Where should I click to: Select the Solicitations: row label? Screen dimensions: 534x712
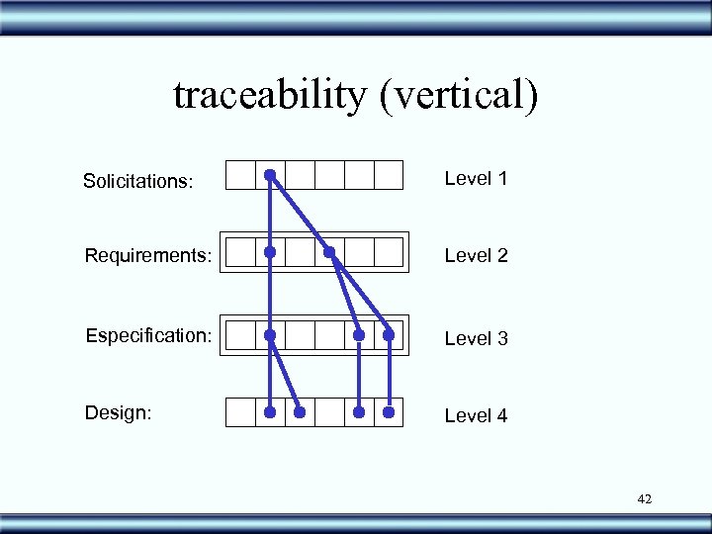[x=138, y=181]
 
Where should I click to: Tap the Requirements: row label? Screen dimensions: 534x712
[x=148, y=256]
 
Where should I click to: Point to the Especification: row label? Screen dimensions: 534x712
[x=148, y=335]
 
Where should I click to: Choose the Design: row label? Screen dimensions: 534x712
[x=118, y=412]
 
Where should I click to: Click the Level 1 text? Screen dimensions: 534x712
[x=476, y=179]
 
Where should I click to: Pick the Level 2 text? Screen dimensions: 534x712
[x=476, y=256]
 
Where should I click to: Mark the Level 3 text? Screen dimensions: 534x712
[x=476, y=338]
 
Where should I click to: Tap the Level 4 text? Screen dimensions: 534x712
[x=476, y=416]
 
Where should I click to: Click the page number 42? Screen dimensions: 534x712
[x=645, y=499]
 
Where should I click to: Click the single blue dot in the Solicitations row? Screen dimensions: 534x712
[x=270, y=176]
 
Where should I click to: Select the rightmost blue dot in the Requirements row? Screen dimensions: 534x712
[x=330, y=253]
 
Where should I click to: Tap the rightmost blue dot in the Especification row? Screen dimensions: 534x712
[x=390, y=335]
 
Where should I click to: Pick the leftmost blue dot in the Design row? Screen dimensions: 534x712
[x=270, y=411]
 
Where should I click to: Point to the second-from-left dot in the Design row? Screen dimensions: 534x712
[x=300, y=411]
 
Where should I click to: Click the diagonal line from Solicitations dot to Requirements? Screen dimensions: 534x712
[x=301, y=216]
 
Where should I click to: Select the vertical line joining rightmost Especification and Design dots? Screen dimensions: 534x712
[x=390, y=374]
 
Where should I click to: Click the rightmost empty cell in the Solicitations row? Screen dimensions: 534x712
[x=389, y=175]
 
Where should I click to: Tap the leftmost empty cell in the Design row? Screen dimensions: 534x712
[x=240, y=411]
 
